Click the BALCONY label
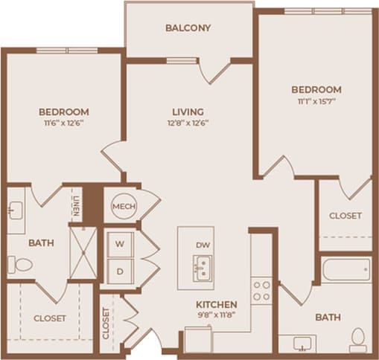click(x=188, y=28)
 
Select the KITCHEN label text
click(x=216, y=305)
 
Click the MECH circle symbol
click(x=122, y=206)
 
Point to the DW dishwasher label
click(x=203, y=245)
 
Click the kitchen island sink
click(x=202, y=266)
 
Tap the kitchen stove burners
click(x=261, y=291)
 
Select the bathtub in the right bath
click(x=346, y=269)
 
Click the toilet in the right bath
click(x=358, y=338)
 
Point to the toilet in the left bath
click(x=21, y=264)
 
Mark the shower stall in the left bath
click(x=81, y=251)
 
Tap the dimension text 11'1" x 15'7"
click(x=316, y=102)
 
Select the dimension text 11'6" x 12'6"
click(x=63, y=124)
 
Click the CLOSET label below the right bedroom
click(x=345, y=216)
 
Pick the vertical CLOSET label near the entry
click(x=106, y=324)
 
